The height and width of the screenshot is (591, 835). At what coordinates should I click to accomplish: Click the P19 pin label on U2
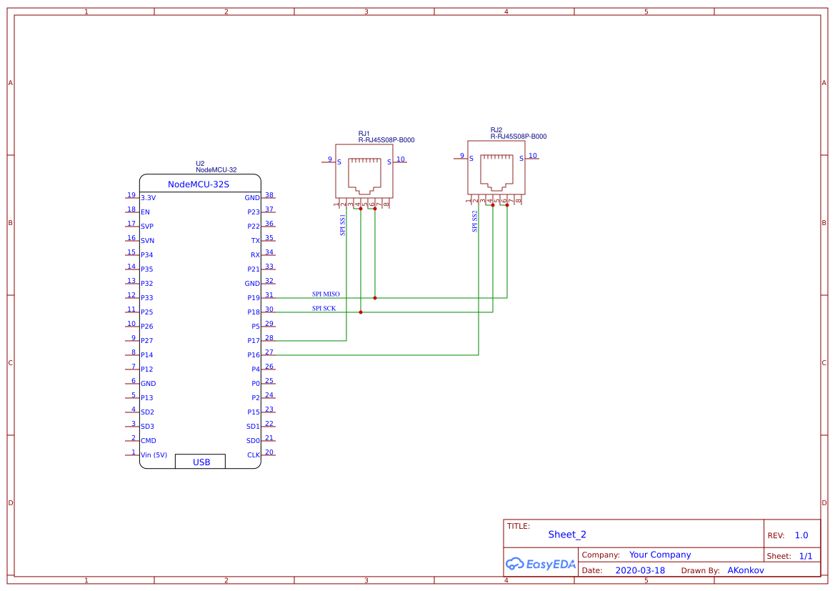(253, 298)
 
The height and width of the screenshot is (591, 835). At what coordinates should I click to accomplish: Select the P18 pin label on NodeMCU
(253, 312)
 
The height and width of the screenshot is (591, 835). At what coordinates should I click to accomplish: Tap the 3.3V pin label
(148, 198)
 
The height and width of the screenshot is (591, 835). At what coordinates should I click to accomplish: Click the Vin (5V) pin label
(154, 455)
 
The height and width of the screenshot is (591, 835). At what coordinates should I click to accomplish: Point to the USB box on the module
(201, 462)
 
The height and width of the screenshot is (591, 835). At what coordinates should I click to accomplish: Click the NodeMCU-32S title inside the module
(199, 184)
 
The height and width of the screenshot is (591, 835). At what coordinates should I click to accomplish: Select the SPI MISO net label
(326, 294)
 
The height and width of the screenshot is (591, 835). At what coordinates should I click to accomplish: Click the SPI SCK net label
(324, 308)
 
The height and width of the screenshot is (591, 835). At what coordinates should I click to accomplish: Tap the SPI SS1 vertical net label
(342, 224)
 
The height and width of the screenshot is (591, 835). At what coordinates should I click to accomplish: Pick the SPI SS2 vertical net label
(474, 221)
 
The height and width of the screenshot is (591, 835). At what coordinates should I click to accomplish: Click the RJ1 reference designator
(364, 134)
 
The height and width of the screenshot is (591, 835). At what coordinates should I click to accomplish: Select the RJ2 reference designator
(496, 130)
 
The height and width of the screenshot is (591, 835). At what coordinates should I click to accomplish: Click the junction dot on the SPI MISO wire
(375, 298)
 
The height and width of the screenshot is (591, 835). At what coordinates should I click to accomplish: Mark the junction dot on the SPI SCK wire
(361, 312)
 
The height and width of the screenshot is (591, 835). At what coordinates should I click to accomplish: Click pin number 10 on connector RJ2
(533, 156)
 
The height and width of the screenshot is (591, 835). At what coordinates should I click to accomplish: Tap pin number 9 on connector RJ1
(329, 159)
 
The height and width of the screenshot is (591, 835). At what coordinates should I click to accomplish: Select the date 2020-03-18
(639, 570)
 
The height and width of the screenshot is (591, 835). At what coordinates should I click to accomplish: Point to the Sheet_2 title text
(566, 535)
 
